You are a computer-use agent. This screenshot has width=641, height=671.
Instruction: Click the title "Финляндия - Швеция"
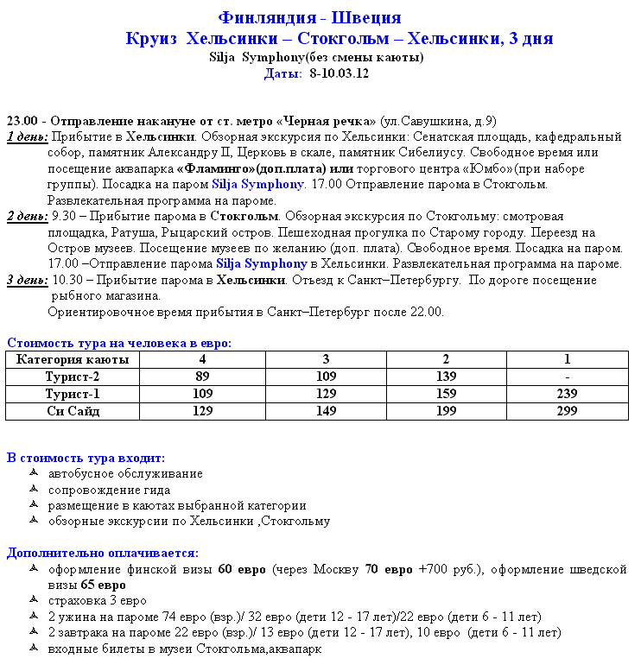pos(309,18)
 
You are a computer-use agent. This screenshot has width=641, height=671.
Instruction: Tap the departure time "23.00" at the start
pos(22,120)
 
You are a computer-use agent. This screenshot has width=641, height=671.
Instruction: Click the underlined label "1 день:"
pos(27,136)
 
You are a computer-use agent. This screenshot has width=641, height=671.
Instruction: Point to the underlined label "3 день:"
pos(27,280)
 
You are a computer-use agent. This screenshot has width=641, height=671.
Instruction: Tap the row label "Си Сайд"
pos(73,411)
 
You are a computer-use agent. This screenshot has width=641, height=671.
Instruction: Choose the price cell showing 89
pos(202,377)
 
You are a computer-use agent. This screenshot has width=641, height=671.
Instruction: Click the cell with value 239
pos(567,394)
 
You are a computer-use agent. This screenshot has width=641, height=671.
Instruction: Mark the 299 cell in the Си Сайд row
pos(567,411)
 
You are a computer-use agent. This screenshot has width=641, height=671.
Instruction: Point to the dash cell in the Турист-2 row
pos(567,377)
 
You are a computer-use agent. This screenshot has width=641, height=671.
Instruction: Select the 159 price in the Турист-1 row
pos(446,394)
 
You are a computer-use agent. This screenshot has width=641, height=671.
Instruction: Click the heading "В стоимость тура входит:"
pos(86,458)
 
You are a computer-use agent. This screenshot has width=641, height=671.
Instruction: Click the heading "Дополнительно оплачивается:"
pos(102,553)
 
